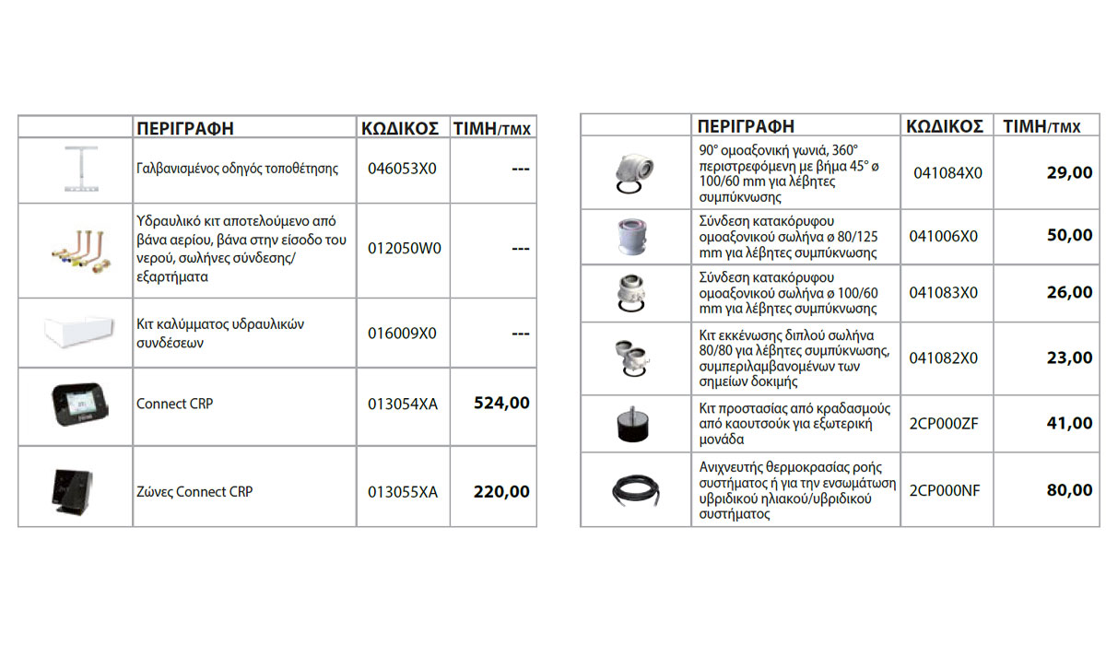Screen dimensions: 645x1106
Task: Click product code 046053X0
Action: (x=402, y=170)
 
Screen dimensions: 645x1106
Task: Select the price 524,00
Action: (x=501, y=403)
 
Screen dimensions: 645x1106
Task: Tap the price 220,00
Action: (x=501, y=492)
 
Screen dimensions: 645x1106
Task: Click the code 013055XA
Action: (x=403, y=492)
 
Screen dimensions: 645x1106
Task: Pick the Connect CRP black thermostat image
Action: (x=77, y=402)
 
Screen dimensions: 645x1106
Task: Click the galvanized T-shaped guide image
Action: (x=77, y=169)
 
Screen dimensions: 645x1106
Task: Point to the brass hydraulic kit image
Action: (x=77, y=251)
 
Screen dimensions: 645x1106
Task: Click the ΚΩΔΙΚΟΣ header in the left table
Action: (x=399, y=128)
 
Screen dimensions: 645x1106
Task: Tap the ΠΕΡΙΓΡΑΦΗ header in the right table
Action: (x=746, y=126)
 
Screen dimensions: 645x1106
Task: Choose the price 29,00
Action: (x=1069, y=172)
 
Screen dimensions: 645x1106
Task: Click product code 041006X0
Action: (x=944, y=236)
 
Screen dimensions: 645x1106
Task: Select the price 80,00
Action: (x=1069, y=491)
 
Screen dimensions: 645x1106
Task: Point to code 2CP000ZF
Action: (x=944, y=424)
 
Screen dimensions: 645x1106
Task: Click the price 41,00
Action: (x=1069, y=424)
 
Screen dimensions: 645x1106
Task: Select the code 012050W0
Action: (x=404, y=249)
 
